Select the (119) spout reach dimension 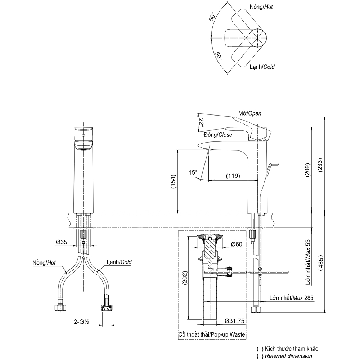pyautogui.click(x=233, y=176)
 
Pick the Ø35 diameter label pyautogui.click(x=62, y=243)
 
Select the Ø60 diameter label pyautogui.click(x=237, y=244)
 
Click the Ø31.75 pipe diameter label pyautogui.click(x=235, y=321)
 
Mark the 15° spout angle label pyautogui.click(x=193, y=172)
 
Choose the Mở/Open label pyautogui.click(x=249, y=113)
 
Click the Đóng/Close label pyautogui.click(x=218, y=135)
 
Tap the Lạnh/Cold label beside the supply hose pyautogui.click(x=119, y=262)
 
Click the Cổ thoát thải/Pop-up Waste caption pyautogui.click(x=212, y=335)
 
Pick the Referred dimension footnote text pyautogui.click(x=288, y=356)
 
